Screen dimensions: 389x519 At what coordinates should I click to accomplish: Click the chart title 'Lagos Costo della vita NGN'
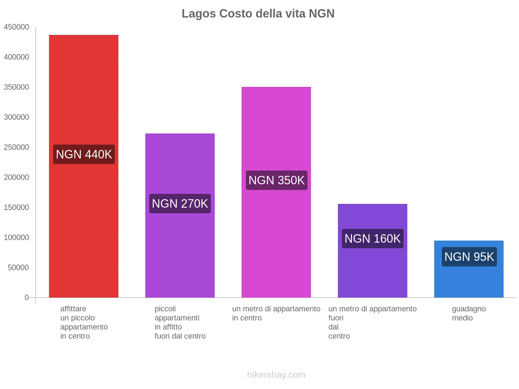pyautogui.click(x=258, y=14)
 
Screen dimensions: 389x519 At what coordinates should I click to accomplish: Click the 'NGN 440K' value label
pyautogui.click(x=84, y=154)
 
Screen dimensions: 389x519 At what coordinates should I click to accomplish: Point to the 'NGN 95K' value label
pyautogui.click(x=469, y=257)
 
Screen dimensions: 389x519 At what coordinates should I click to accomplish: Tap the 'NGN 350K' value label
pyautogui.click(x=276, y=180)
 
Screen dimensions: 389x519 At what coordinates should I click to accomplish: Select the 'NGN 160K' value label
pyautogui.click(x=372, y=239)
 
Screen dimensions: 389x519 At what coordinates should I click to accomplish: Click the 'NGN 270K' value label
pyautogui.click(x=180, y=204)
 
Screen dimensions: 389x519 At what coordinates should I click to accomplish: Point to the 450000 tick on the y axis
pyautogui.click(x=16, y=27)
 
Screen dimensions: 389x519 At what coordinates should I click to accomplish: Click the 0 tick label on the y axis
pyautogui.click(x=27, y=298)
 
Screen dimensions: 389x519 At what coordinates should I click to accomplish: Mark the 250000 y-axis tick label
pyautogui.click(x=16, y=147)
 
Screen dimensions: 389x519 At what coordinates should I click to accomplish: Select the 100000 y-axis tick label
pyautogui.click(x=16, y=238)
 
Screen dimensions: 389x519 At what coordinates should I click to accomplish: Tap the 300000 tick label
pyautogui.click(x=16, y=117)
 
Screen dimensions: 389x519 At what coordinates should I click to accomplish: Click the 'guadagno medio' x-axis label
pyautogui.click(x=469, y=313)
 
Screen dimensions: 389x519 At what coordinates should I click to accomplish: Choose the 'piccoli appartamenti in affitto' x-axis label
pyautogui.click(x=180, y=322)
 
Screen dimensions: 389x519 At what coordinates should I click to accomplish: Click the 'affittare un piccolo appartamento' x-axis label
pyautogui.click(x=84, y=322)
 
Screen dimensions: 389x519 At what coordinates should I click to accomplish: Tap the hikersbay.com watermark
pyautogui.click(x=276, y=375)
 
